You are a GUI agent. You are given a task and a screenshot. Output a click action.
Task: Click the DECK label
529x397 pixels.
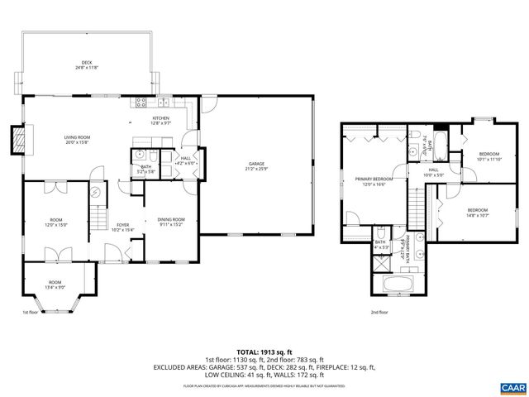86,64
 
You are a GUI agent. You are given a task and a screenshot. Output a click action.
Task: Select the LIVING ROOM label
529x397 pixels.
78,137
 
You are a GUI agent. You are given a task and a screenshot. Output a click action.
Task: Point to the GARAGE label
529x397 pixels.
257,165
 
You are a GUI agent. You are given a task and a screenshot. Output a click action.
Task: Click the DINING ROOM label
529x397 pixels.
171,219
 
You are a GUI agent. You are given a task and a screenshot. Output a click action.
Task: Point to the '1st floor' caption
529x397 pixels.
30,313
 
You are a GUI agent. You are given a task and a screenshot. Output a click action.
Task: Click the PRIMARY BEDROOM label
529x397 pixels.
374,179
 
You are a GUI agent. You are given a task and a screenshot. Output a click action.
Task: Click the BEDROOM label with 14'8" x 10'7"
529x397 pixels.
478,210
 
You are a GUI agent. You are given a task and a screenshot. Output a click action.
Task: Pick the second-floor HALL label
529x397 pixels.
432,170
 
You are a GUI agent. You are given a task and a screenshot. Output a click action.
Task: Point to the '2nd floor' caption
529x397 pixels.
379,313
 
